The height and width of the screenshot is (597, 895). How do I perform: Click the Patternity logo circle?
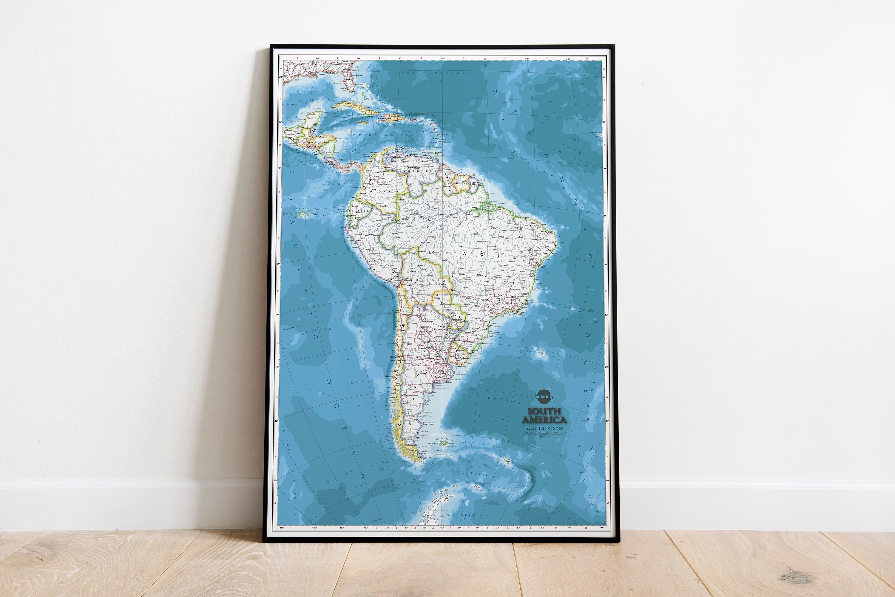[544, 396]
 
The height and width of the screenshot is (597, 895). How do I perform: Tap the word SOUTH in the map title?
[544, 411]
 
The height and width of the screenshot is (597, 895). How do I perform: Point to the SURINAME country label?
[460, 183]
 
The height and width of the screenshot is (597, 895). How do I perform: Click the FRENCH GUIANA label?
[475, 183]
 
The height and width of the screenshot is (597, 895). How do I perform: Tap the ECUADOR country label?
[359, 211]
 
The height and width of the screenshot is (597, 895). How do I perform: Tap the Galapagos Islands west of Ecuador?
[299, 214]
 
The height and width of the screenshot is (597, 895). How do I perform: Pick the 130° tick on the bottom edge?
[282, 528]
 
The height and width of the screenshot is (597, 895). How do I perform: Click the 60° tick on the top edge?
[443, 59]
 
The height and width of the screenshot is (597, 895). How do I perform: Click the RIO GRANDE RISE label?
[541, 353]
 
